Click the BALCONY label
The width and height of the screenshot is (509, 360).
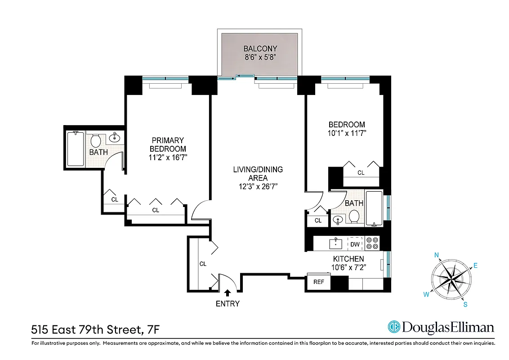click(260, 49)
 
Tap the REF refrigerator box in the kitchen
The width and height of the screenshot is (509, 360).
click(318, 283)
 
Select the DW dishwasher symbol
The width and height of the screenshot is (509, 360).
click(355, 244)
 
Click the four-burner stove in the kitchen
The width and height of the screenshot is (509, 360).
click(372, 243)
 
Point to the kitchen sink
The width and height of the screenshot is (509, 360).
click(335, 244)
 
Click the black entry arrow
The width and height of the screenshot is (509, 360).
click(227, 293)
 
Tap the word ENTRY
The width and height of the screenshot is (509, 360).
click(228, 304)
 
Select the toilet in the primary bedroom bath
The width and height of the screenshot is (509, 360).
click(95, 140)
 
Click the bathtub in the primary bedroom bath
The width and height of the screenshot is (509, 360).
click(74, 148)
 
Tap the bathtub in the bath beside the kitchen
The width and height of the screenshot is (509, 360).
click(374, 209)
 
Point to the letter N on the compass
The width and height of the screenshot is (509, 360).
click(436, 255)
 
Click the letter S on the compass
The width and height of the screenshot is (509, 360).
click(465, 305)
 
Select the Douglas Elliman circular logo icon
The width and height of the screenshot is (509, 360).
click(394, 327)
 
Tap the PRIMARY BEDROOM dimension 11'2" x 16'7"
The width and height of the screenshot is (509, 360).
click(168, 157)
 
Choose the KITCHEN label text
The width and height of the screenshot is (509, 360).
click(348, 259)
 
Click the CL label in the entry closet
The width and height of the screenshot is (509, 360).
click(203, 264)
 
